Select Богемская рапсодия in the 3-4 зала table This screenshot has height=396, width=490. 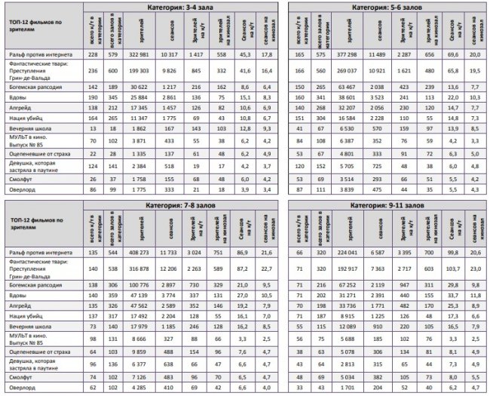[x=34, y=87]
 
